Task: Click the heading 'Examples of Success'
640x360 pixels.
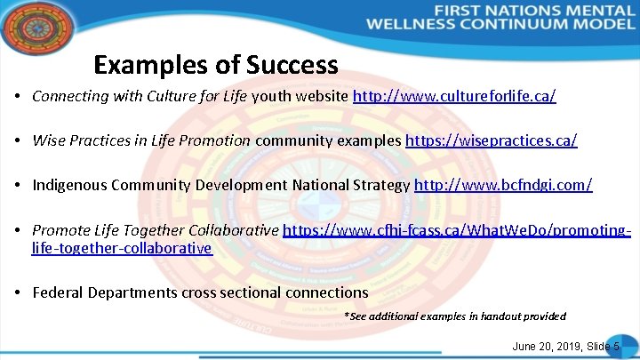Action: [x=216, y=65]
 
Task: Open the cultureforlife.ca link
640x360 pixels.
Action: [x=454, y=95]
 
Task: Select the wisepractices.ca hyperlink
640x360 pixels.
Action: [x=491, y=140]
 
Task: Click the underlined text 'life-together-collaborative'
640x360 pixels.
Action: [x=122, y=248]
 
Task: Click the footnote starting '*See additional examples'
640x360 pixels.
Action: [x=454, y=316]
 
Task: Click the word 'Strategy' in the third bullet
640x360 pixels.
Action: [x=380, y=186]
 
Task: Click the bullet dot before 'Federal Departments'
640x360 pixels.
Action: [x=19, y=292]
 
